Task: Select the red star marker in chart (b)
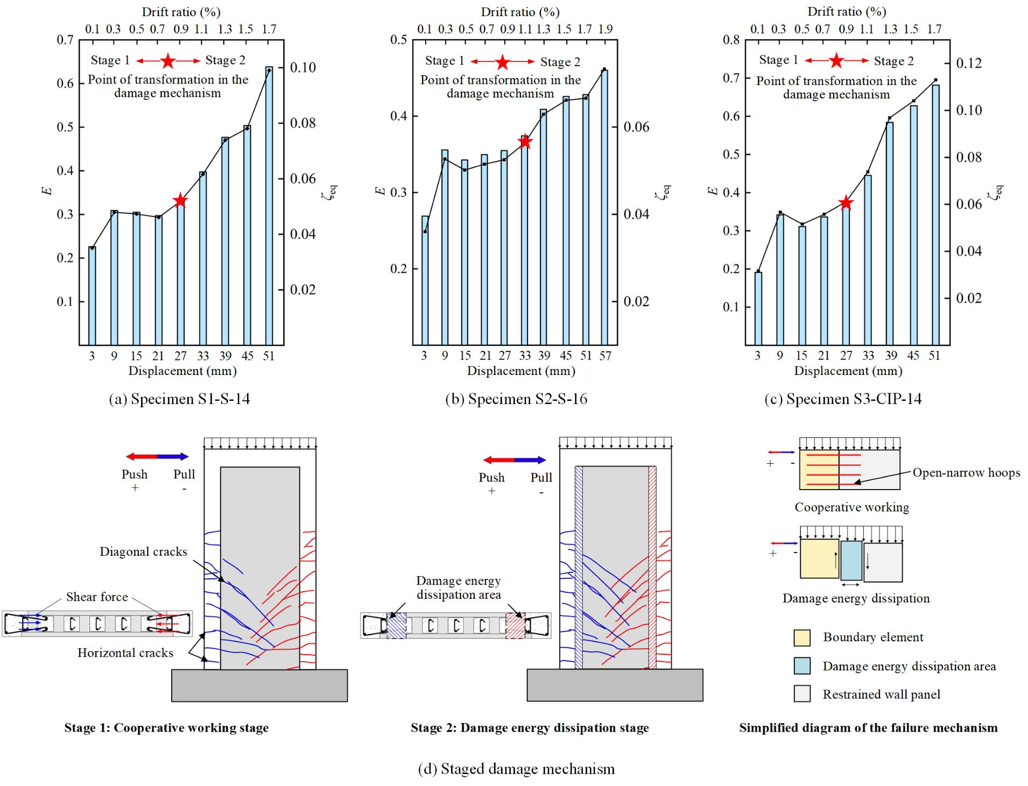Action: point(525,142)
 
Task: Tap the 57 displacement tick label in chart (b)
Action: point(605,356)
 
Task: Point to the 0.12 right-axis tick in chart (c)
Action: point(969,63)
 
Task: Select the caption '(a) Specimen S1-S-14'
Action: point(179,399)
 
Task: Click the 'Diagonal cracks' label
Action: point(143,552)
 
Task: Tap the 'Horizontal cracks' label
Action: point(125,653)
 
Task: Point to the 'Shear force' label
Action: point(97,597)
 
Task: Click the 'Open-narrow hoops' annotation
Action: point(966,473)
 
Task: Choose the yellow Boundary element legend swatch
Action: point(802,638)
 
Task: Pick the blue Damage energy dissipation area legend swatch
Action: point(802,666)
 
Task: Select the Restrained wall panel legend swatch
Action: point(802,694)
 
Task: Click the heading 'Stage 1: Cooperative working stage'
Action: point(166,728)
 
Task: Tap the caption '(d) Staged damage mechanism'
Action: point(516,769)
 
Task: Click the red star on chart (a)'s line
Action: point(180,201)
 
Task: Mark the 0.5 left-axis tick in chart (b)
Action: point(398,40)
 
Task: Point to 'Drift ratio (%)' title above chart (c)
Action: point(847,12)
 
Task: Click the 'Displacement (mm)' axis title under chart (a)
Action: point(182,371)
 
